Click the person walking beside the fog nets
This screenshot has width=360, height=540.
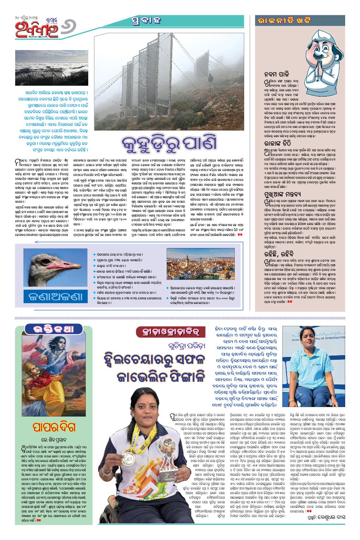click(x=211, y=79)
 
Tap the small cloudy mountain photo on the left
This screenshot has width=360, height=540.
click(x=51, y=68)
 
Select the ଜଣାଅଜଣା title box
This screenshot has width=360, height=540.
click(x=56, y=297)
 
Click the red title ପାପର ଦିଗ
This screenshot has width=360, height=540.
click(x=54, y=427)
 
